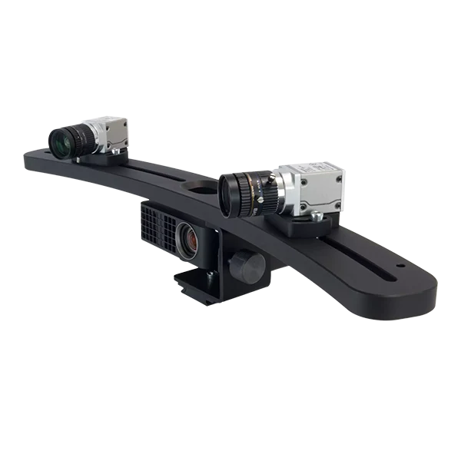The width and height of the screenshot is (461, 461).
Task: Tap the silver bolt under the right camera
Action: point(314,217)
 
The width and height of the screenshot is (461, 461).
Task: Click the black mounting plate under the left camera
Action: point(100,160)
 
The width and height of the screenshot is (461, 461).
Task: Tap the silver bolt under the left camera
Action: point(115,153)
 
